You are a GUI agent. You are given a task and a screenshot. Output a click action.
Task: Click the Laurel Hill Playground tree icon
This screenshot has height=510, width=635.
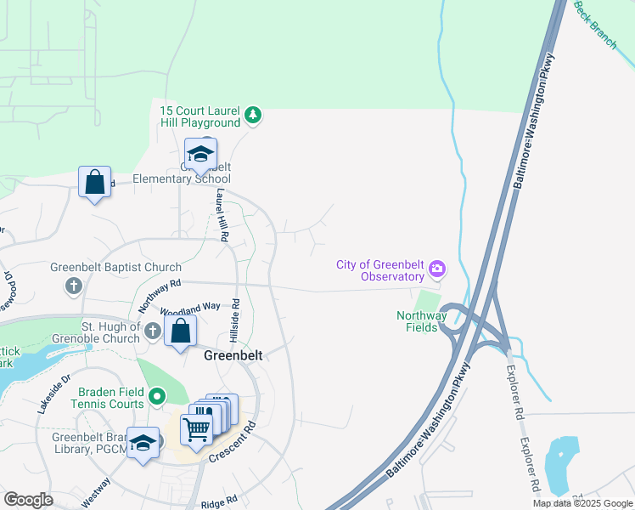(252, 114)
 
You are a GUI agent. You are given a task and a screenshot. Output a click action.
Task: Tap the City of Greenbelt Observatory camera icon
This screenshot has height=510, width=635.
(437, 269)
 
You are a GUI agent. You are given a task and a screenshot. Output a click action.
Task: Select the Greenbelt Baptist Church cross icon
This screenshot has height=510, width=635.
(74, 285)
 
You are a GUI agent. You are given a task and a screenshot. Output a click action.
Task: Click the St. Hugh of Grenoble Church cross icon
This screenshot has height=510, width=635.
(153, 331)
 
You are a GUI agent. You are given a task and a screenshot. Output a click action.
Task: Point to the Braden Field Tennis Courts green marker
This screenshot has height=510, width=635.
(157, 396)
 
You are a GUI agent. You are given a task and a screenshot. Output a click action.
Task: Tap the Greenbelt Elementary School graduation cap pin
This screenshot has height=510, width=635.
(201, 156)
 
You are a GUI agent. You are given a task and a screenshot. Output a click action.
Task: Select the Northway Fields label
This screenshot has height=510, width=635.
(418, 320)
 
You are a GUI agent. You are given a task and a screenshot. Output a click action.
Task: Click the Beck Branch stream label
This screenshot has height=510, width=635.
(595, 25)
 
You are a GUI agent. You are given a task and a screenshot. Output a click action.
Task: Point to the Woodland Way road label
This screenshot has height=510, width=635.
(178, 307)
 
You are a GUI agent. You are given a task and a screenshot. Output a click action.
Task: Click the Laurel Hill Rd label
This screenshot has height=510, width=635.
(222, 216)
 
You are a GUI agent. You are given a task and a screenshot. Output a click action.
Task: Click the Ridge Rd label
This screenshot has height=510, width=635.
(219, 503)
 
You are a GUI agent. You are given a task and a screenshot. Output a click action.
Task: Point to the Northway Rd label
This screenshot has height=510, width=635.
(160, 294)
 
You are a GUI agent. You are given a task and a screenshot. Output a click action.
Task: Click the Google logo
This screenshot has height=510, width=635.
(28, 500)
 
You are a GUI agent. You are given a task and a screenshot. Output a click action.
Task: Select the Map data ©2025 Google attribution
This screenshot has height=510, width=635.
(582, 503)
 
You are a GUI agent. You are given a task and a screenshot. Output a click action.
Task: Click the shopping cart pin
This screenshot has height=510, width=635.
(197, 431)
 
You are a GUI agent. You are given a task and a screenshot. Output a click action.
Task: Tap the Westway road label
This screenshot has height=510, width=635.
(95, 490)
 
